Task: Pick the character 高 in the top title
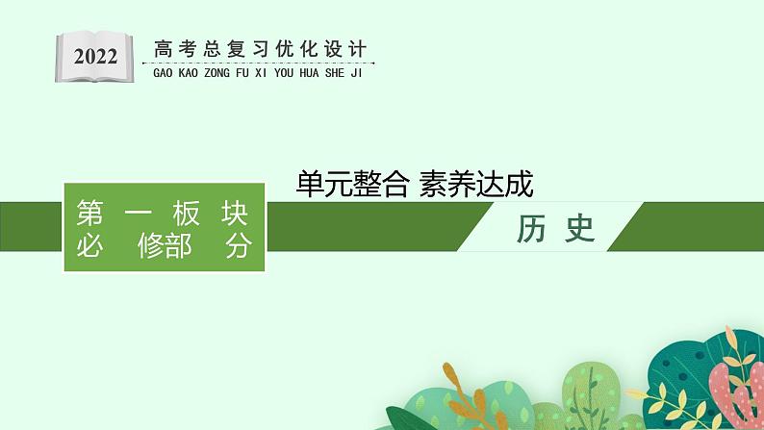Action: click(x=164, y=49)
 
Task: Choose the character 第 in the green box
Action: click(x=90, y=214)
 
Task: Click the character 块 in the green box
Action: click(x=235, y=214)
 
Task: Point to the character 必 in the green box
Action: click(x=90, y=246)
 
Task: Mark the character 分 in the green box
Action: click(x=235, y=246)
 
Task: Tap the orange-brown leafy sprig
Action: click(x=457, y=394)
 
